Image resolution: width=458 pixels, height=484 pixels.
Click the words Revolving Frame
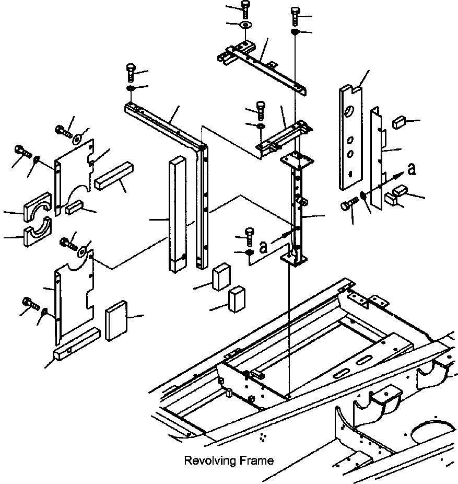[x=229, y=460]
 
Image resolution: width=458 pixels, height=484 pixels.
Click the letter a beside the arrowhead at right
[x=412, y=169]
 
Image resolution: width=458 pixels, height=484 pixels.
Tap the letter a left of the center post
[x=263, y=247]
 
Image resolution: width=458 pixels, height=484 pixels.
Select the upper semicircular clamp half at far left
[x=37, y=207]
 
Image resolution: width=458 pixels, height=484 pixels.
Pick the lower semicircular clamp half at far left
[x=38, y=232]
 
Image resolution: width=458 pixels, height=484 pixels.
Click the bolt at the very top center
[x=245, y=10]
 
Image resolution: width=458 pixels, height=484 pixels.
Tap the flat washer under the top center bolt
[x=246, y=25]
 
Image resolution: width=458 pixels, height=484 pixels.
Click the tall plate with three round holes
[x=350, y=137]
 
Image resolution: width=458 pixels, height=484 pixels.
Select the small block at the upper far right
[x=398, y=122]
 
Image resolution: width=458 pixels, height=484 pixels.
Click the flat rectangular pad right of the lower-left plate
[x=116, y=320]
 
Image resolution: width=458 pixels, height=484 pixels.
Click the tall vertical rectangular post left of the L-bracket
[x=178, y=214]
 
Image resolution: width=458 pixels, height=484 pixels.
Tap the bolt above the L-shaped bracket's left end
[x=131, y=72]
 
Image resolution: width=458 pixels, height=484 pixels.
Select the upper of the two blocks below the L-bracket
[x=221, y=277]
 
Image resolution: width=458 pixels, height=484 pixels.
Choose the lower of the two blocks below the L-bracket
[x=237, y=299]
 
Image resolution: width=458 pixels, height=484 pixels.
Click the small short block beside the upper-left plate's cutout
[x=75, y=207]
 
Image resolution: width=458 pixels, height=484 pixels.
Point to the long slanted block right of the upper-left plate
[x=114, y=176]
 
